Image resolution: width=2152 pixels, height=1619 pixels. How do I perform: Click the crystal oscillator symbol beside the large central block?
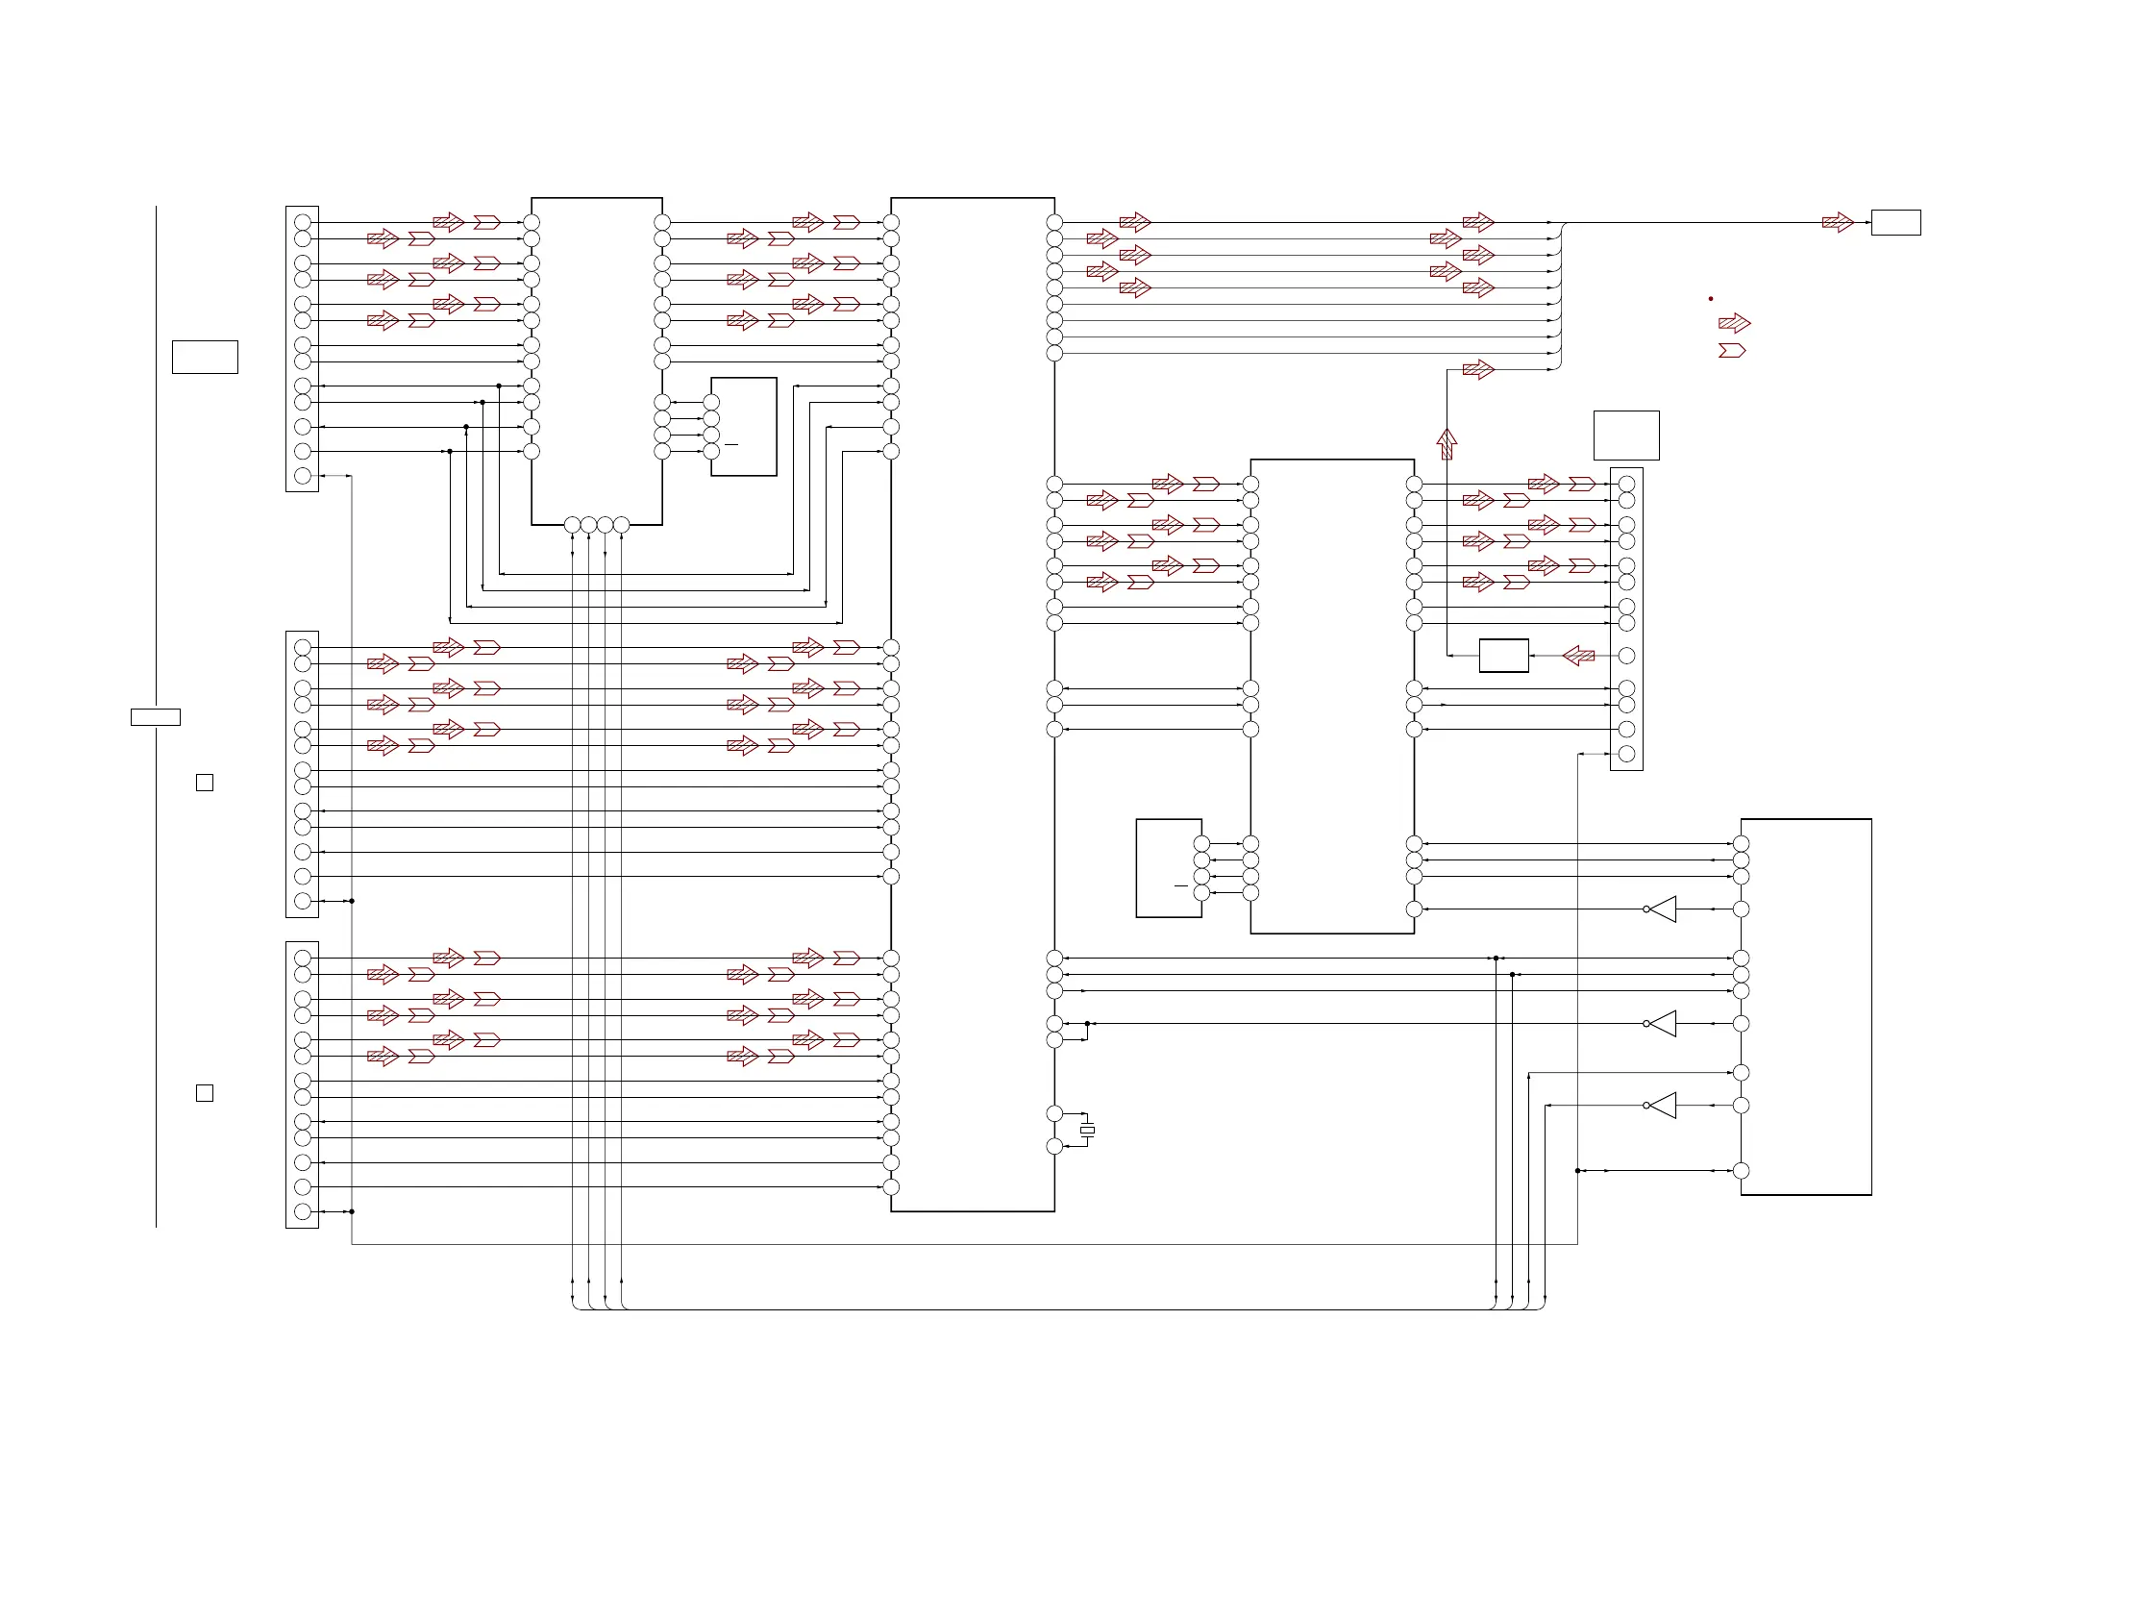pyautogui.click(x=1088, y=1130)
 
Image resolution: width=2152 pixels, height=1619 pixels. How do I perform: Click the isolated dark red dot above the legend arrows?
pyautogui.click(x=1710, y=299)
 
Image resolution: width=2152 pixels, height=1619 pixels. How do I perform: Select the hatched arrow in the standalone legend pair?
pyautogui.click(x=1734, y=323)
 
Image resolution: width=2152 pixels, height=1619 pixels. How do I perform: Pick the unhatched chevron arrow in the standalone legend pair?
pyautogui.click(x=1732, y=350)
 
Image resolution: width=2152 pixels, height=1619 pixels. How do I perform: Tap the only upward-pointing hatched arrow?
pyautogui.click(x=1447, y=443)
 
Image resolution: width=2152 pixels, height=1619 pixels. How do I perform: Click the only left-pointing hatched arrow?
pyautogui.click(x=1578, y=656)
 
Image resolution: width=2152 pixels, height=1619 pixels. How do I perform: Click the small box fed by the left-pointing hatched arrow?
pyautogui.click(x=1503, y=656)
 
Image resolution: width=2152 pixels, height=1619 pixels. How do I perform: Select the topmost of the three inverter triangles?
pyautogui.click(x=1663, y=909)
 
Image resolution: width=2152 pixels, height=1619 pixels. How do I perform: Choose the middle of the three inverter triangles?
pyautogui.click(x=1663, y=1024)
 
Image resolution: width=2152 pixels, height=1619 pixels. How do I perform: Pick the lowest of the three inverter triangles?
pyautogui.click(x=1663, y=1106)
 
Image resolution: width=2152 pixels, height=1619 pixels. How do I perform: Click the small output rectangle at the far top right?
pyautogui.click(x=1895, y=223)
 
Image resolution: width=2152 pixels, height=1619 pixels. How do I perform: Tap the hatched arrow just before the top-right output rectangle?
pyautogui.click(x=1837, y=223)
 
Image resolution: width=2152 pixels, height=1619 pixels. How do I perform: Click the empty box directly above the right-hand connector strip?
pyautogui.click(x=1625, y=435)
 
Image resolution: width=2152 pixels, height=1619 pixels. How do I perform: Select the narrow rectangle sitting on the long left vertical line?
pyautogui.click(x=156, y=717)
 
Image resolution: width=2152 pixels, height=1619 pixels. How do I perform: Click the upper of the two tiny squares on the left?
pyautogui.click(x=205, y=783)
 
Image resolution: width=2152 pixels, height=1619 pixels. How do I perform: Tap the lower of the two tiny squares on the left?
pyautogui.click(x=205, y=1092)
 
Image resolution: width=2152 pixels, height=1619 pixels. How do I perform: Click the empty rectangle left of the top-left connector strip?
pyautogui.click(x=206, y=357)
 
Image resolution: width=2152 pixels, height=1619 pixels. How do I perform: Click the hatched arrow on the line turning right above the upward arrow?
pyautogui.click(x=1478, y=370)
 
